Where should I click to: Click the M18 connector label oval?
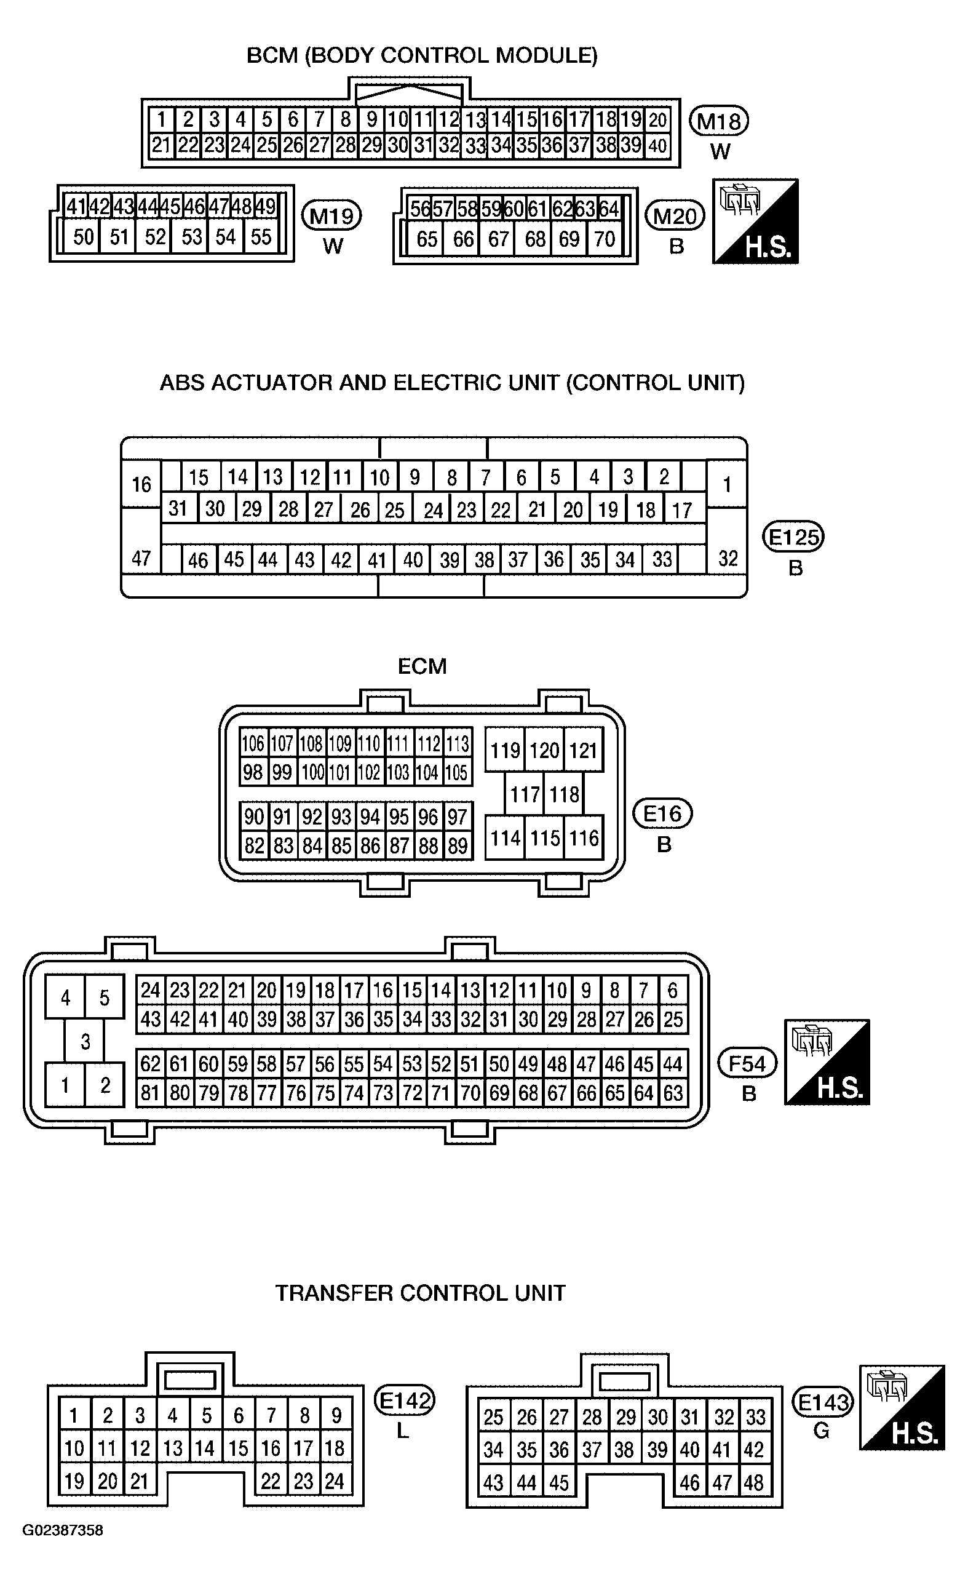click(719, 121)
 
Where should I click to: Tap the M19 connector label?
click(332, 216)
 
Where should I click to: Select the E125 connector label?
click(793, 536)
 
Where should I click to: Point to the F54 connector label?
click(748, 1064)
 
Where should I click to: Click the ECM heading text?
click(423, 666)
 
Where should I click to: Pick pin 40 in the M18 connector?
click(657, 146)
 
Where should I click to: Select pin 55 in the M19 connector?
click(261, 237)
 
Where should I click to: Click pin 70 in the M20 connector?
click(605, 239)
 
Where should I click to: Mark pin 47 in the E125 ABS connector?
click(141, 558)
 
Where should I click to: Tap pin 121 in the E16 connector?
click(584, 750)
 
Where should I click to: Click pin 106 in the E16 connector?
click(253, 743)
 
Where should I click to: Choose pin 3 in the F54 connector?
click(85, 1041)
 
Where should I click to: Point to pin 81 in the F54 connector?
click(150, 1093)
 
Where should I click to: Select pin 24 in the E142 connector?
click(335, 1481)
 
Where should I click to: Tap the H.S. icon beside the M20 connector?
click(756, 221)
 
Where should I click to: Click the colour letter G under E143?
click(821, 1431)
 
